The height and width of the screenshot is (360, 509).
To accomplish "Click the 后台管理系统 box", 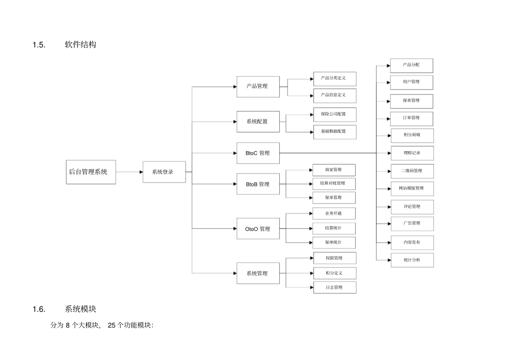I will tap(91, 172).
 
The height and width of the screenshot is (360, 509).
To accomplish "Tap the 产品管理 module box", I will tap(258, 86).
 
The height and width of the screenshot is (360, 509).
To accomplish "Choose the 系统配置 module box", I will tap(258, 121).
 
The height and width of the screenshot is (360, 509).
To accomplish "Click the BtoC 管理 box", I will tap(258, 153).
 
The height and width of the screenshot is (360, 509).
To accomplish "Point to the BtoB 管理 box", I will tap(258, 184).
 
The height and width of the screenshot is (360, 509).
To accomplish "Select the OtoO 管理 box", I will tap(258, 229).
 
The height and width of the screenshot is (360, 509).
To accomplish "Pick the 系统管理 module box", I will tap(258, 273).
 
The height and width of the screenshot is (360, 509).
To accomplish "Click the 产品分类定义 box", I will tap(334, 78).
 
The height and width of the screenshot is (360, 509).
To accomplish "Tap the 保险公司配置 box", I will tap(334, 114).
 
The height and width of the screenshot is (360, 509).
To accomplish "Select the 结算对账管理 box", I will tap(334, 184).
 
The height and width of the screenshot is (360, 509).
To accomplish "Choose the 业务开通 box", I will tap(334, 213).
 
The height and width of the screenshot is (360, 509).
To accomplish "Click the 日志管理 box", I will tap(334, 288).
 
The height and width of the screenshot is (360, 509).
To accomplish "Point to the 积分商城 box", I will tap(411, 135).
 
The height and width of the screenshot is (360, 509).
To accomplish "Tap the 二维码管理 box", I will tap(411, 171).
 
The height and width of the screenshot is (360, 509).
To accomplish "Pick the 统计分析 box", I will tap(411, 260).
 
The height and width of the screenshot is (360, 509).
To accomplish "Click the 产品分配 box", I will tap(411, 65).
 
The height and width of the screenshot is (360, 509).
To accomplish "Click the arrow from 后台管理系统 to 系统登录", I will tap(129, 172).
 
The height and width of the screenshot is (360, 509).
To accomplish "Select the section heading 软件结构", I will tap(80, 45).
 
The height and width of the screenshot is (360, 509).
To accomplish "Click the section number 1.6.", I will tap(38, 309).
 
